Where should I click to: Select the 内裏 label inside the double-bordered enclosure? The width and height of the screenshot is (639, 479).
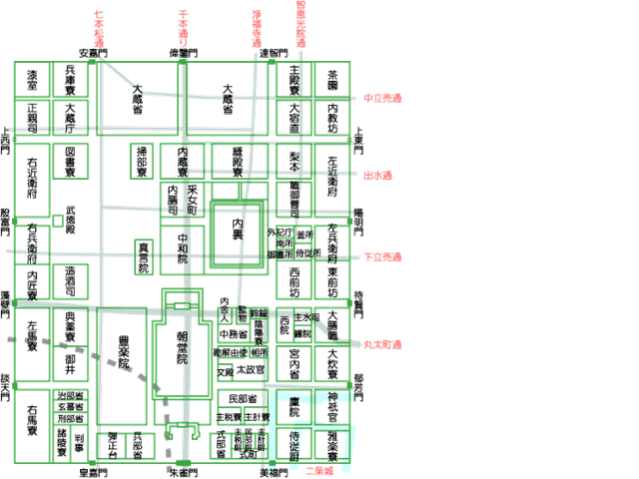[238, 229]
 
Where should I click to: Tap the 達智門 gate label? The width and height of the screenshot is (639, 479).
[275, 53]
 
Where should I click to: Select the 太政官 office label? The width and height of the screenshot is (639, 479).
[251, 369]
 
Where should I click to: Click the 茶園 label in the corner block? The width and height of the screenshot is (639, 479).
[333, 81]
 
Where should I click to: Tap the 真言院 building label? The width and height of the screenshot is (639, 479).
[144, 256]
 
